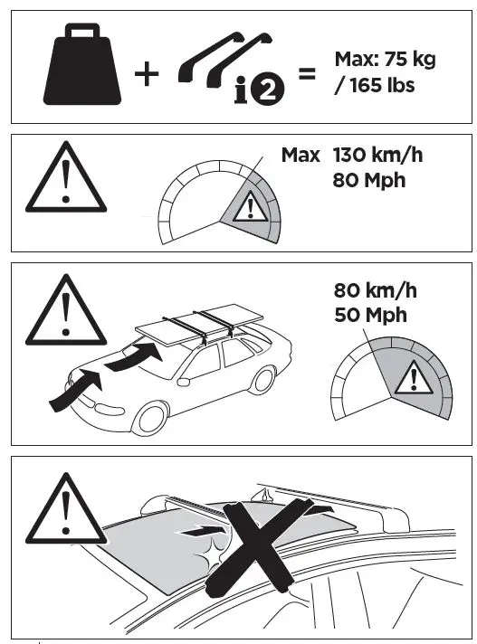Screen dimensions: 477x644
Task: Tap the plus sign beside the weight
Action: pyautogui.click(x=147, y=74)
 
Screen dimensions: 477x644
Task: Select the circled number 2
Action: pyautogui.click(x=268, y=90)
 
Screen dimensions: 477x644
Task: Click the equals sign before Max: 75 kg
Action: pyautogui.click(x=307, y=74)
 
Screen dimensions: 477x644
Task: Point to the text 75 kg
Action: pyautogui.click(x=410, y=60)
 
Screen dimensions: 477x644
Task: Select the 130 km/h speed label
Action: pyautogui.click(x=377, y=156)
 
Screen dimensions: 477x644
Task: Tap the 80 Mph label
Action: pyautogui.click(x=369, y=180)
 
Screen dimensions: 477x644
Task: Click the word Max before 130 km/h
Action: pyautogui.click(x=301, y=156)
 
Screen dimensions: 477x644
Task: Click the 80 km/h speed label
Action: pyautogui.click(x=375, y=290)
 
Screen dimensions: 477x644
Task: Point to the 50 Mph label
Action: pyautogui.click(x=370, y=316)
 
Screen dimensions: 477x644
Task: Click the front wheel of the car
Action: pyautogui.click(x=150, y=418)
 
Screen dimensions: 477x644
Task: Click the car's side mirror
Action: pyautogui.click(x=183, y=382)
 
